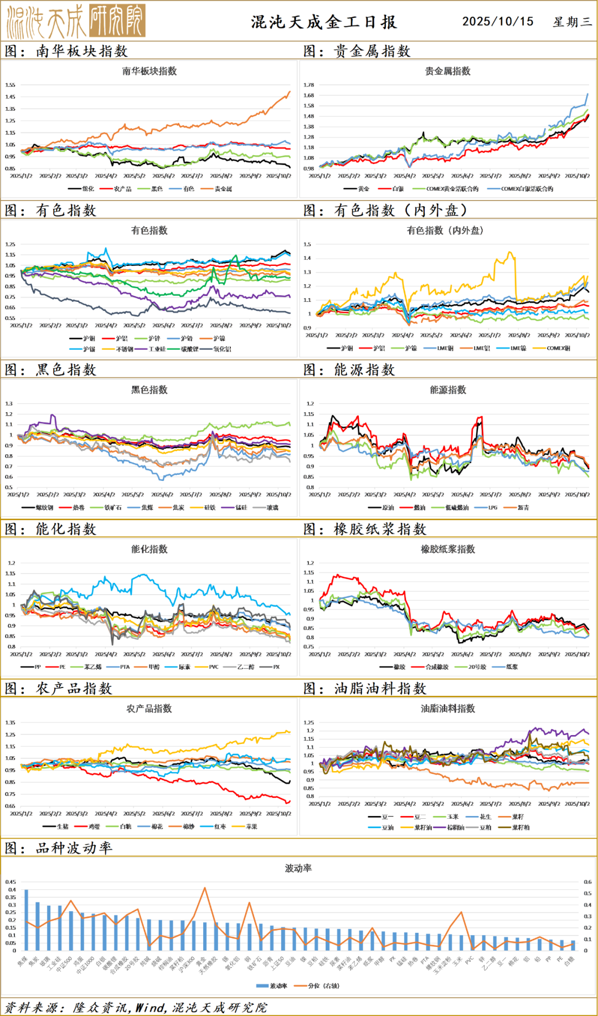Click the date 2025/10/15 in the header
498,21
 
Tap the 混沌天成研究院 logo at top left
76,20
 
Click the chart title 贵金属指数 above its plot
447,71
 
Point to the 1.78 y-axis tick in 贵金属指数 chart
308,85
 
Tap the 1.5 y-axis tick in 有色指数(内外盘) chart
307,244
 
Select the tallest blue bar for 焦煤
26,920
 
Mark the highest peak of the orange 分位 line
205,888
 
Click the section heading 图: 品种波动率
59,848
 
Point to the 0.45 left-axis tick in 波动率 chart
11,882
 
